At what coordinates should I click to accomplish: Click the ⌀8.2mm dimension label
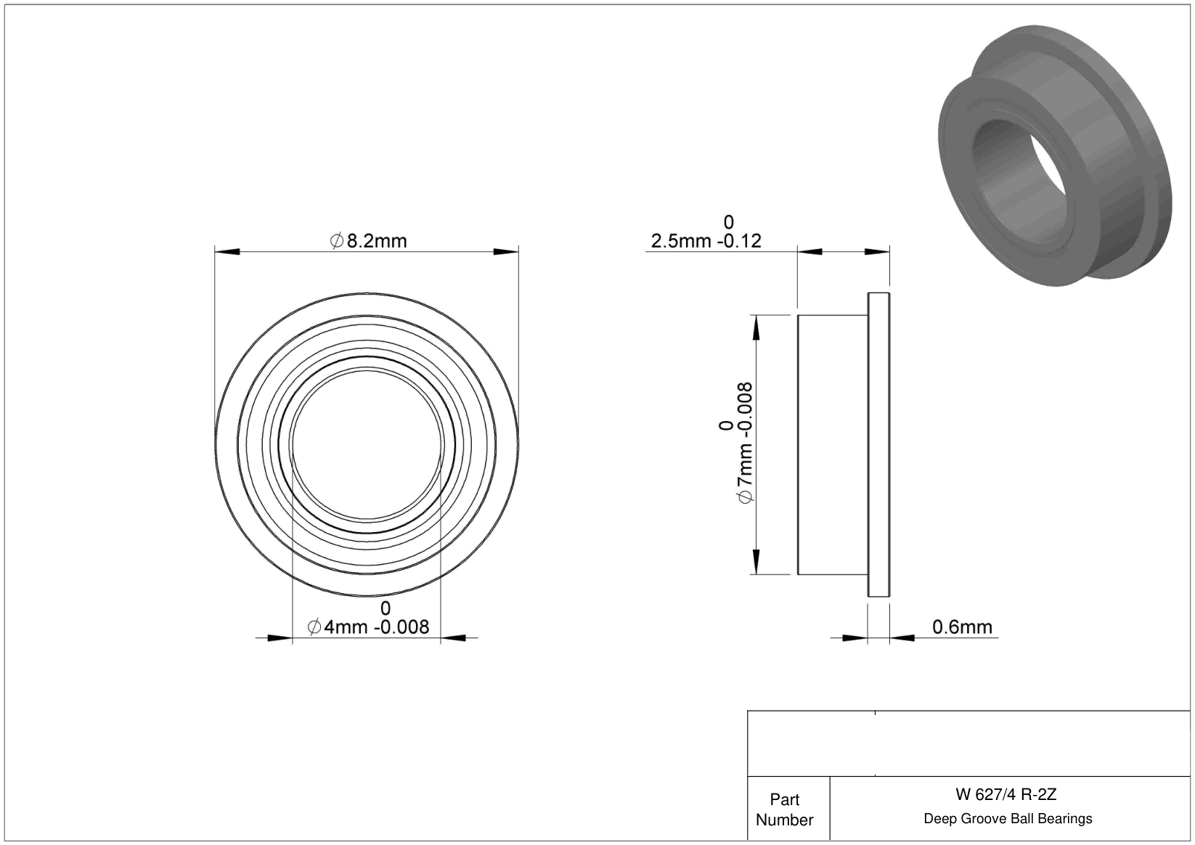(x=369, y=241)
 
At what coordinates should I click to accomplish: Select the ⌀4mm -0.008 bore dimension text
(x=368, y=626)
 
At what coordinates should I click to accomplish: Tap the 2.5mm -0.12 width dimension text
(x=706, y=241)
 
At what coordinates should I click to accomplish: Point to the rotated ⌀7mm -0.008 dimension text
(x=745, y=443)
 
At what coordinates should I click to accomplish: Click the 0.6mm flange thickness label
(x=963, y=626)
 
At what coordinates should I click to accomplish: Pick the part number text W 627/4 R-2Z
(x=1006, y=794)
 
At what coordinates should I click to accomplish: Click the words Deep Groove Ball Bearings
(x=1008, y=818)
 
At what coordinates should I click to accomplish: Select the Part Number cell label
(x=784, y=809)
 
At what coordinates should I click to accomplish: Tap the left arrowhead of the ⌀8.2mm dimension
(x=227, y=252)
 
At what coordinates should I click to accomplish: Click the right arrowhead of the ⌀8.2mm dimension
(x=506, y=252)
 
